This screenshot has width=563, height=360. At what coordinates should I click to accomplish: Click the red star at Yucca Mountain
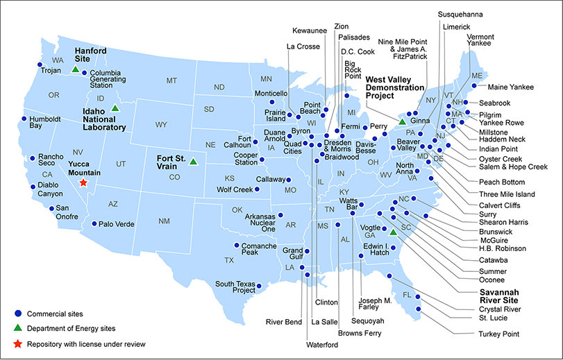click(83, 182)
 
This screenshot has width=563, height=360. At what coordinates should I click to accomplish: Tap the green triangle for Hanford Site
click(75, 70)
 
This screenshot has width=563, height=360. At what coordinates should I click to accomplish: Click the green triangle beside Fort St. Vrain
click(193, 161)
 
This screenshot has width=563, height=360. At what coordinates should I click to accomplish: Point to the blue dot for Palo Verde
click(94, 223)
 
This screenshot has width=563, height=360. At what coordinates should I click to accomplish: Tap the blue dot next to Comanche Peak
click(237, 245)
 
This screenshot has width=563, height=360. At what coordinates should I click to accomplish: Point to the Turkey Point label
click(498, 334)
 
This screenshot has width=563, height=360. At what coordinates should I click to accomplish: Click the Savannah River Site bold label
click(504, 296)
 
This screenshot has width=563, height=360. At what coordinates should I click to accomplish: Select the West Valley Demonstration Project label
click(394, 87)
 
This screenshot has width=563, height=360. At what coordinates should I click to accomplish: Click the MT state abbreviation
click(171, 81)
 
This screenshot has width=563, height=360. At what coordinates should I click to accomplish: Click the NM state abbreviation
click(164, 221)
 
